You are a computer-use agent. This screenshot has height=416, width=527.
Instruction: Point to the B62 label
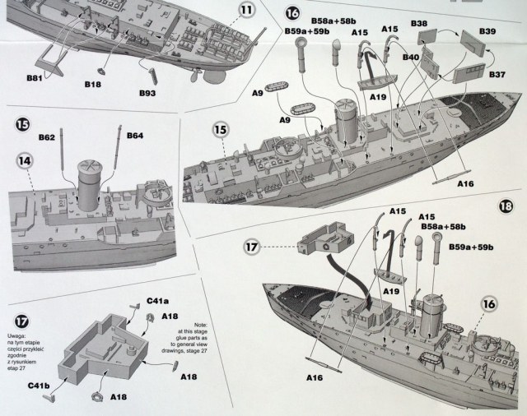pos(45,136)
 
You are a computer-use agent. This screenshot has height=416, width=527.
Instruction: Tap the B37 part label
pos(498,75)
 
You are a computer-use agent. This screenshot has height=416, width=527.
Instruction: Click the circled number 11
pos(247,11)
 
